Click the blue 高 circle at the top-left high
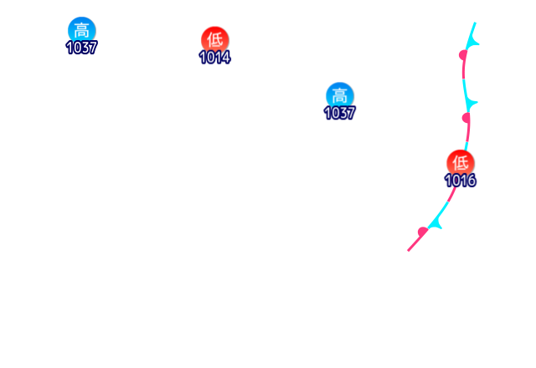(x=81, y=30)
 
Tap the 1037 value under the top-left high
(x=81, y=48)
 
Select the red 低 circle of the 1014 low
(x=214, y=38)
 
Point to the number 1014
(x=214, y=57)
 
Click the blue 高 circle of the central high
(x=339, y=95)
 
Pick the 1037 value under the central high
(x=339, y=112)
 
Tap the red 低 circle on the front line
(x=460, y=161)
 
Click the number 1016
(x=460, y=180)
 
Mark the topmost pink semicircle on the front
(x=463, y=55)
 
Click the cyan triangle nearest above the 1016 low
(x=472, y=103)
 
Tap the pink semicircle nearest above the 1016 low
(x=466, y=118)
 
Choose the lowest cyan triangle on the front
(x=435, y=223)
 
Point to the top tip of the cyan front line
(x=475, y=23)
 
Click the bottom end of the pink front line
(x=409, y=250)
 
